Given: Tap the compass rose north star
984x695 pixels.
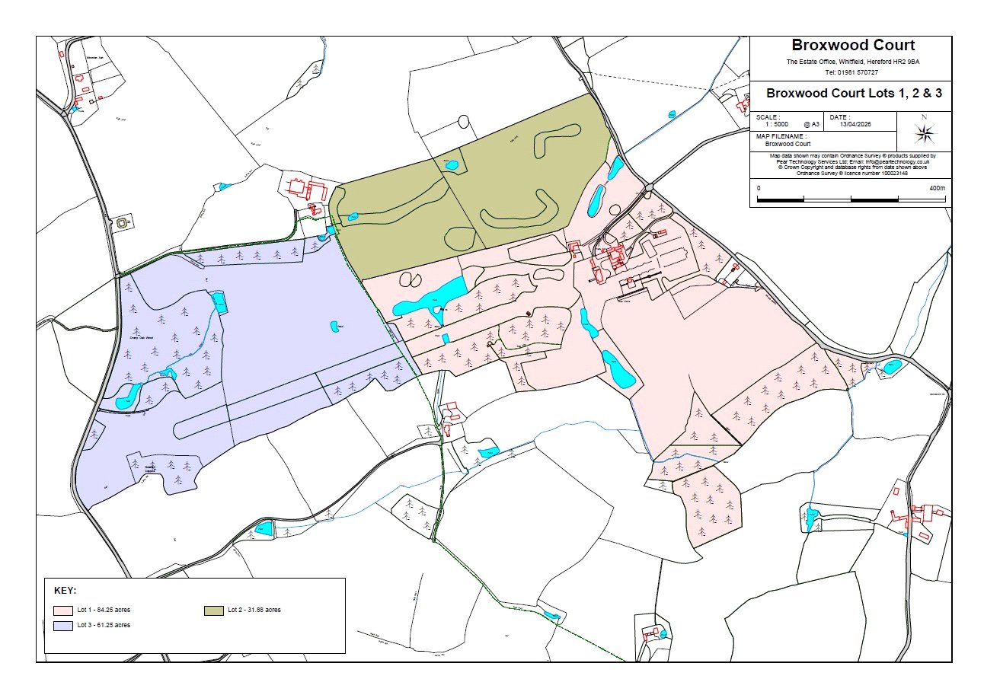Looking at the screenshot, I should pyautogui.click(x=925, y=134).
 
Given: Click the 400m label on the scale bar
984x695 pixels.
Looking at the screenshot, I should pyautogui.click(x=936, y=187).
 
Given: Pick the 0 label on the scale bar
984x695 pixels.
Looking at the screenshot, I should pyautogui.click(x=759, y=187).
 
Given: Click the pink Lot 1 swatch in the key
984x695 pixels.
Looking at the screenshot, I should pyautogui.click(x=62, y=611).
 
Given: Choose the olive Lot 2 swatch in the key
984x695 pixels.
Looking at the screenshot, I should pyautogui.click(x=213, y=611).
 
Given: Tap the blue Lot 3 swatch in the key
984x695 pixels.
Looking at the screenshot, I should pyautogui.click(x=62, y=625).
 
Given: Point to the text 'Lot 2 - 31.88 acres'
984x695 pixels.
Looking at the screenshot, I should pyautogui.click(x=254, y=611).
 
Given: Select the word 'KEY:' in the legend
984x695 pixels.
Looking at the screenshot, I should pyautogui.click(x=65, y=591).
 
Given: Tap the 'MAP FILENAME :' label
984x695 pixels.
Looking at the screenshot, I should pyautogui.click(x=781, y=136).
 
